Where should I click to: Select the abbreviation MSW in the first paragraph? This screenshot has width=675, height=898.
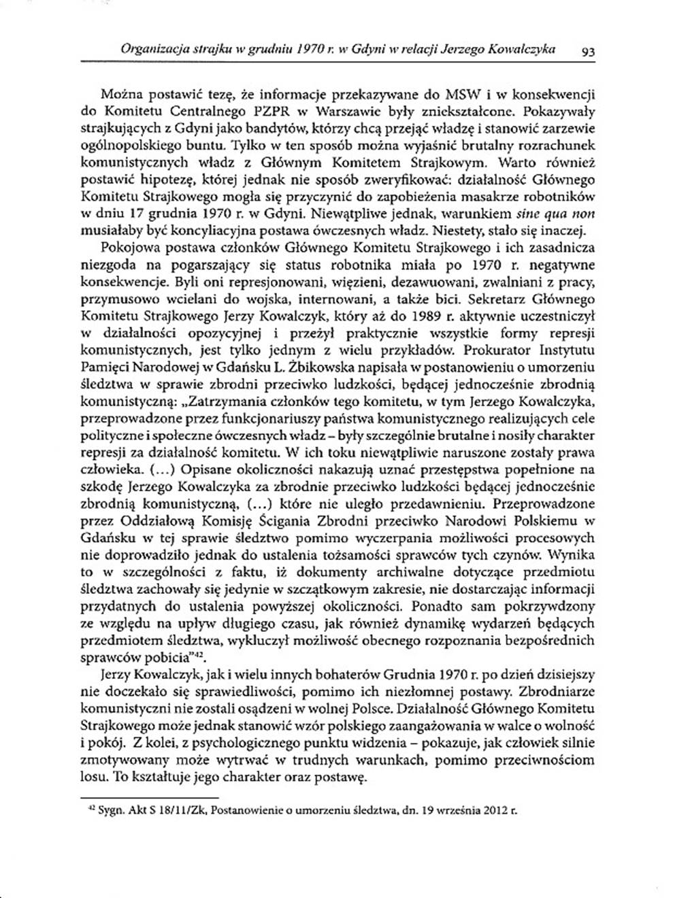(426, 93)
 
